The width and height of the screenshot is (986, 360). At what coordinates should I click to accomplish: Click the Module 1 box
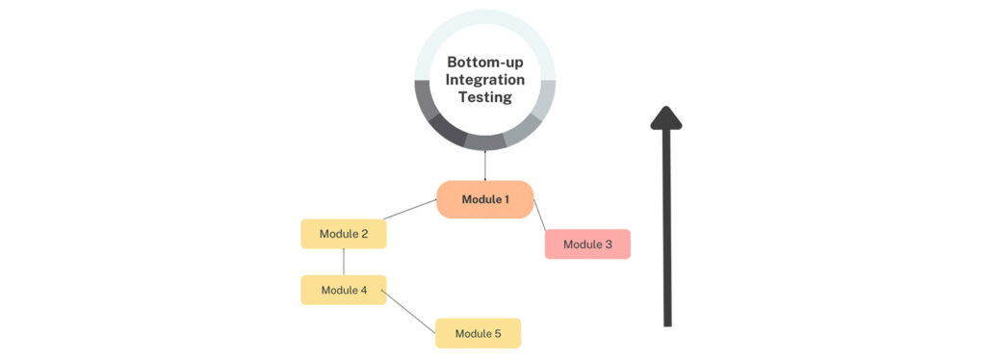pyautogui.click(x=484, y=199)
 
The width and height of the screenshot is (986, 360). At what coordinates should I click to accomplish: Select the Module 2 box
pyautogui.click(x=344, y=234)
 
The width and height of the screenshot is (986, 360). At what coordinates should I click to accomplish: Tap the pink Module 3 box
pyautogui.click(x=587, y=244)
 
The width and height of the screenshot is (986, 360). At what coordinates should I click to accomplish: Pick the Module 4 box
pyautogui.click(x=344, y=290)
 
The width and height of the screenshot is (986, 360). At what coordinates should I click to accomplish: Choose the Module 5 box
pyautogui.click(x=478, y=333)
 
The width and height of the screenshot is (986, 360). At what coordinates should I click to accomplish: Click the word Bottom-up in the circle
pyautogui.click(x=485, y=61)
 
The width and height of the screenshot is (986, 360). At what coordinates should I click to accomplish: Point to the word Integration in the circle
pyautogui.click(x=485, y=79)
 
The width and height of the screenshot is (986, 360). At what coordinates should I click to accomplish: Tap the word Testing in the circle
pyautogui.click(x=485, y=97)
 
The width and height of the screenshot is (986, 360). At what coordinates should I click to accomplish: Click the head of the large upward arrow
pyautogui.click(x=666, y=116)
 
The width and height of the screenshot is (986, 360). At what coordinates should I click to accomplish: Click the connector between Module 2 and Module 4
pyautogui.click(x=344, y=262)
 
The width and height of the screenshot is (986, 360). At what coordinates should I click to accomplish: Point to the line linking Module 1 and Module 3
pyautogui.click(x=540, y=215)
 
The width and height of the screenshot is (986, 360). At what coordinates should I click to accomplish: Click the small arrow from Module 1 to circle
pyautogui.click(x=485, y=166)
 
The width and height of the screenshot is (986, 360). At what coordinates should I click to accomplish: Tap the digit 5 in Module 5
pyautogui.click(x=498, y=333)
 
